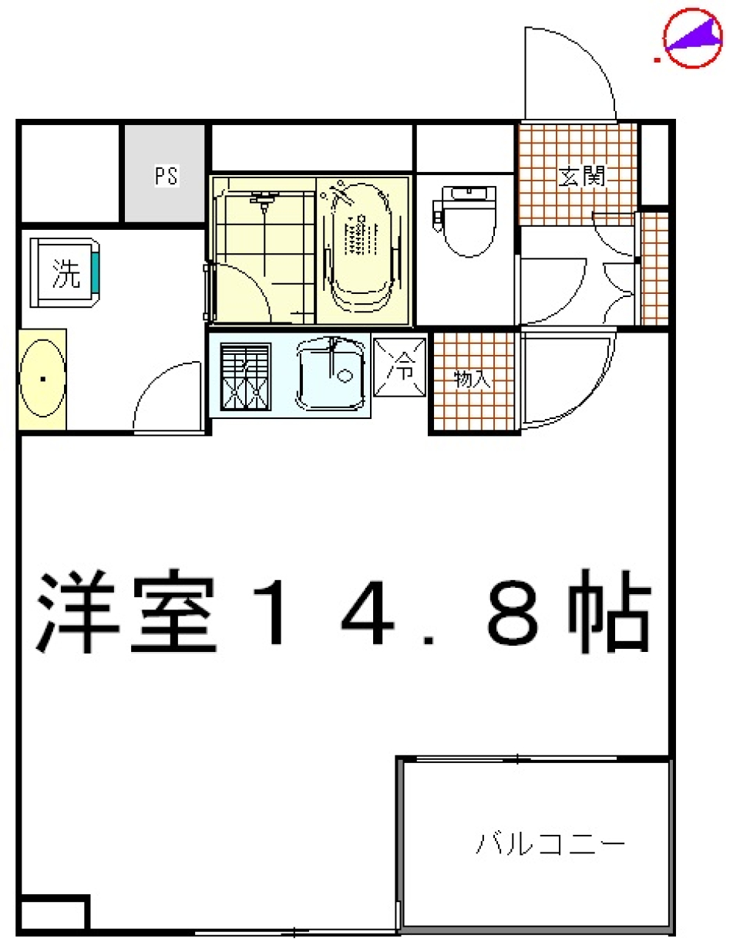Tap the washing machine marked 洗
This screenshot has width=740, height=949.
point(66,273)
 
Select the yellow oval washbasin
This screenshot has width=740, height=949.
point(42,379)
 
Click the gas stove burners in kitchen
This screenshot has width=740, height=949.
point(246,376)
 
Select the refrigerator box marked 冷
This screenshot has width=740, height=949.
point(400,366)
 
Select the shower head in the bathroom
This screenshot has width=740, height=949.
point(264,202)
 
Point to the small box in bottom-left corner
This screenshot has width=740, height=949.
point(52,914)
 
